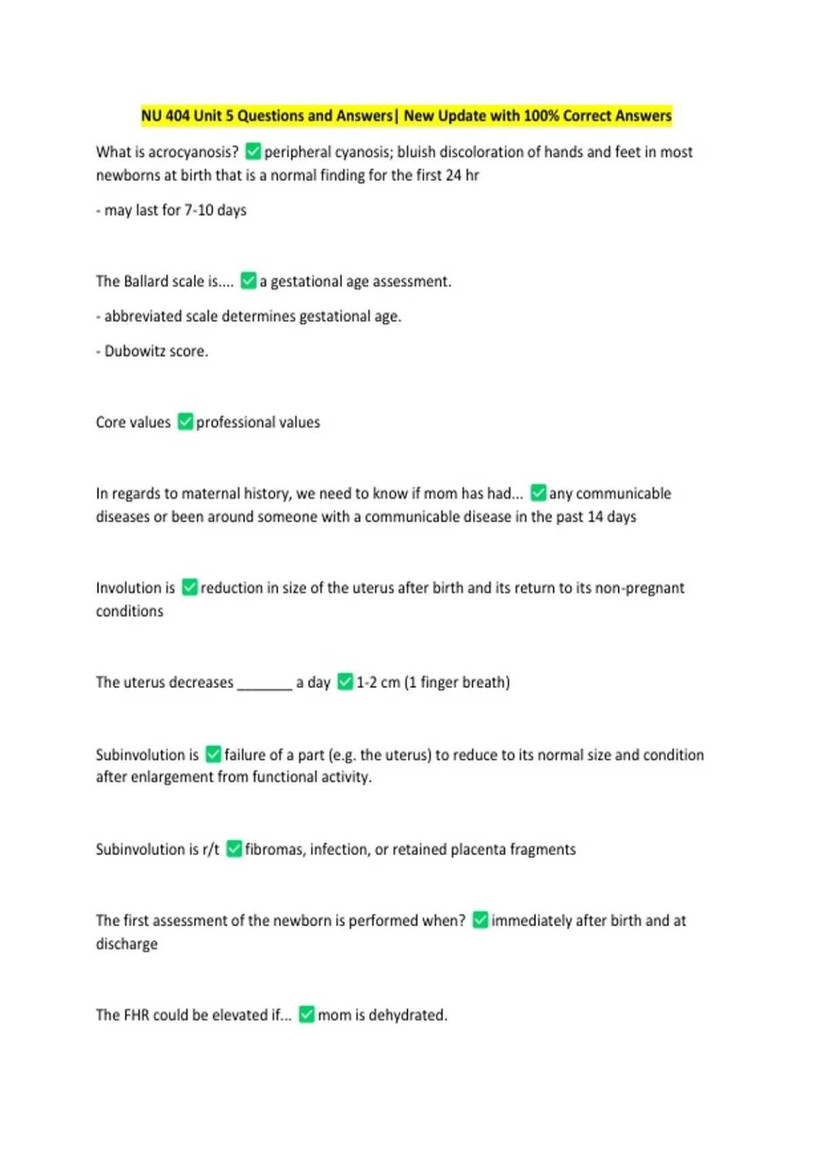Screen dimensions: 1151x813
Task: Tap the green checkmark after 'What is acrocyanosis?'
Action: click(x=253, y=151)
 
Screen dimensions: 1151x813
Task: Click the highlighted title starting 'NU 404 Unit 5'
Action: click(x=406, y=116)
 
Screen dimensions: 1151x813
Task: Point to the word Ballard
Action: click(x=146, y=282)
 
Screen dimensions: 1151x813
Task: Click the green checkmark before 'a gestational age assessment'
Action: click(x=249, y=280)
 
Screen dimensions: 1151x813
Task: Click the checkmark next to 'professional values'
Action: click(x=185, y=422)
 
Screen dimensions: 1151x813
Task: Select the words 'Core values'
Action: click(x=133, y=422)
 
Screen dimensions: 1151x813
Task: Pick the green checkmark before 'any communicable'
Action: click(x=539, y=493)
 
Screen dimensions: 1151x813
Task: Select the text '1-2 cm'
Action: click(x=378, y=682)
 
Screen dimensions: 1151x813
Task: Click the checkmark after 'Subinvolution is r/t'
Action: click(x=234, y=849)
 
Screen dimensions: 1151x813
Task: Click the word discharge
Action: click(x=127, y=944)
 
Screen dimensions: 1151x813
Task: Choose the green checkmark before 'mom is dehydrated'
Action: click(x=306, y=1015)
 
